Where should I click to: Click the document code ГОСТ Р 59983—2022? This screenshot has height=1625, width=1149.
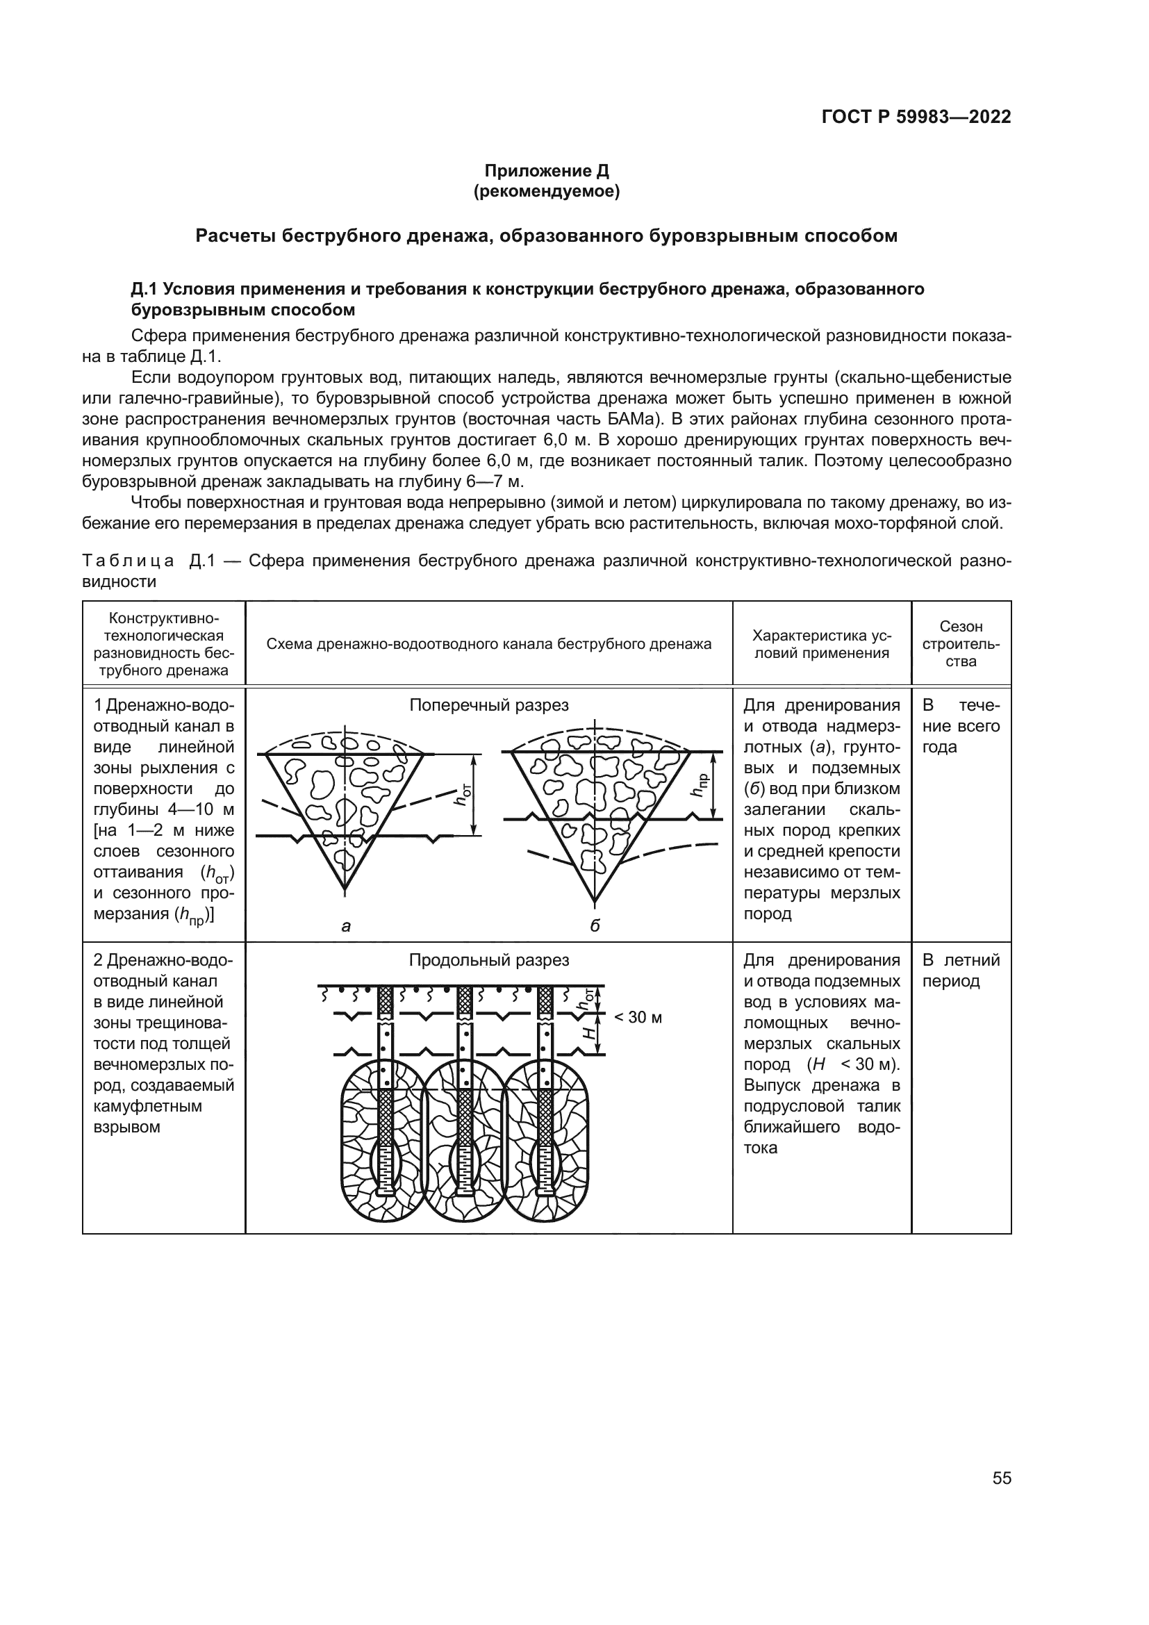coord(916,117)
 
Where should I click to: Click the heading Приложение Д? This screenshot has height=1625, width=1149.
coord(546,171)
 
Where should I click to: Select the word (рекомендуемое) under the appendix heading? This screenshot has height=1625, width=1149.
coord(546,192)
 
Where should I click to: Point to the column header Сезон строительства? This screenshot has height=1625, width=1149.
coord(961,644)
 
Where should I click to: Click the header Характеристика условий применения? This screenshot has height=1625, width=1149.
coord(821,644)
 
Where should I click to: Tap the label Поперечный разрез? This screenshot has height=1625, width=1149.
coord(489,705)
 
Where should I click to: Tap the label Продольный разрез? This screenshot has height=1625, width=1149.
coord(489,959)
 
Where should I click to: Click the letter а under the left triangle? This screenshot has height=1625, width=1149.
coord(346,925)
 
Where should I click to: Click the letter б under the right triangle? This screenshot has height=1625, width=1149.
coord(595,925)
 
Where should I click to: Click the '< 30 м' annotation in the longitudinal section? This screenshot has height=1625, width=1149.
coord(638,1017)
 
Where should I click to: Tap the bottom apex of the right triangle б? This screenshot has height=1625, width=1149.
coord(595,902)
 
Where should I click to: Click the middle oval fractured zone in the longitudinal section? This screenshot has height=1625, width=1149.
coord(464,1139)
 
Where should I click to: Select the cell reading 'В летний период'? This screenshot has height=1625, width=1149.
coord(961,971)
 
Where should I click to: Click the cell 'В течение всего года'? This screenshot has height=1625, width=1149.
coord(961,726)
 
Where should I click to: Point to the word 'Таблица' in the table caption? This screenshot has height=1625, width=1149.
coord(128,561)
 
